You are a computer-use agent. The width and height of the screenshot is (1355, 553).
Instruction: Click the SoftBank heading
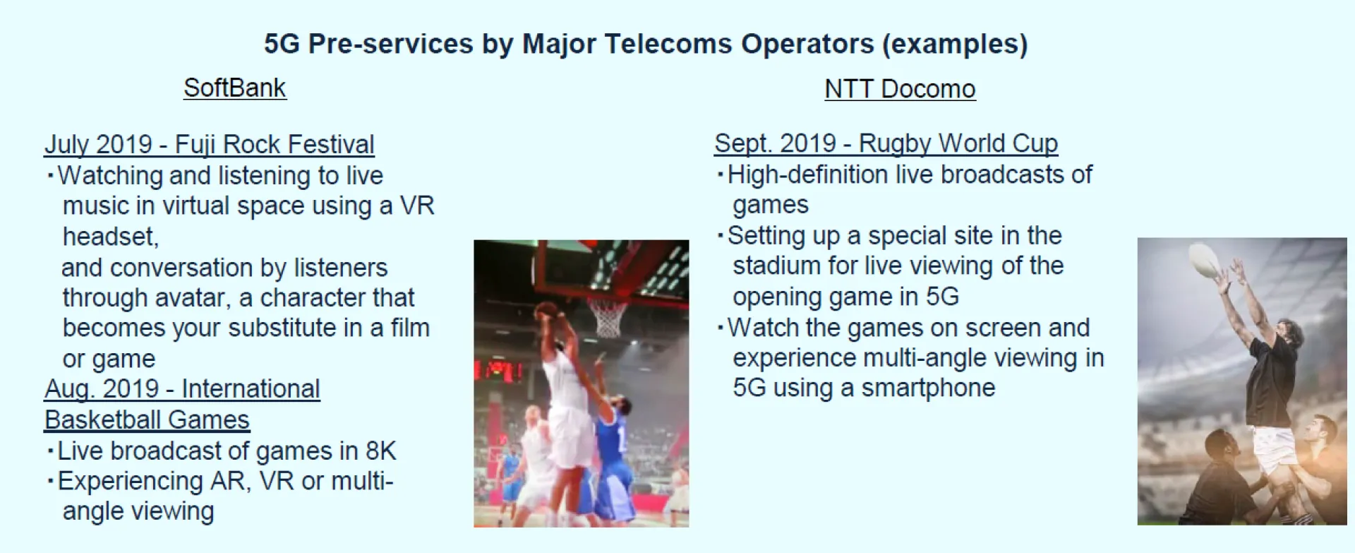click(234, 88)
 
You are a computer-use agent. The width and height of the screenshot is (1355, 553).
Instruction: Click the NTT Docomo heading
click(900, 89)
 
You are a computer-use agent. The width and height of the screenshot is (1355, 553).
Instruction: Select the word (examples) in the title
click(954, 44)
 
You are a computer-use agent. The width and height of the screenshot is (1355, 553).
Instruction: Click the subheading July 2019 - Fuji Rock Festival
click(209, 144)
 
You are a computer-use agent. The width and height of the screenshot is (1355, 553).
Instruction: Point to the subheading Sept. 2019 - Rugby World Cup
click(886, 143)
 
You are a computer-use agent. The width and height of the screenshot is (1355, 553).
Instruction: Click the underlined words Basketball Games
click(147, 420)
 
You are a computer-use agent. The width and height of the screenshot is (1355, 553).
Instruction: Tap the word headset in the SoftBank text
click(110, 237)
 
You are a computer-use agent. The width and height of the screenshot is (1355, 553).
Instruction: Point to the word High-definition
click(807, 174)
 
